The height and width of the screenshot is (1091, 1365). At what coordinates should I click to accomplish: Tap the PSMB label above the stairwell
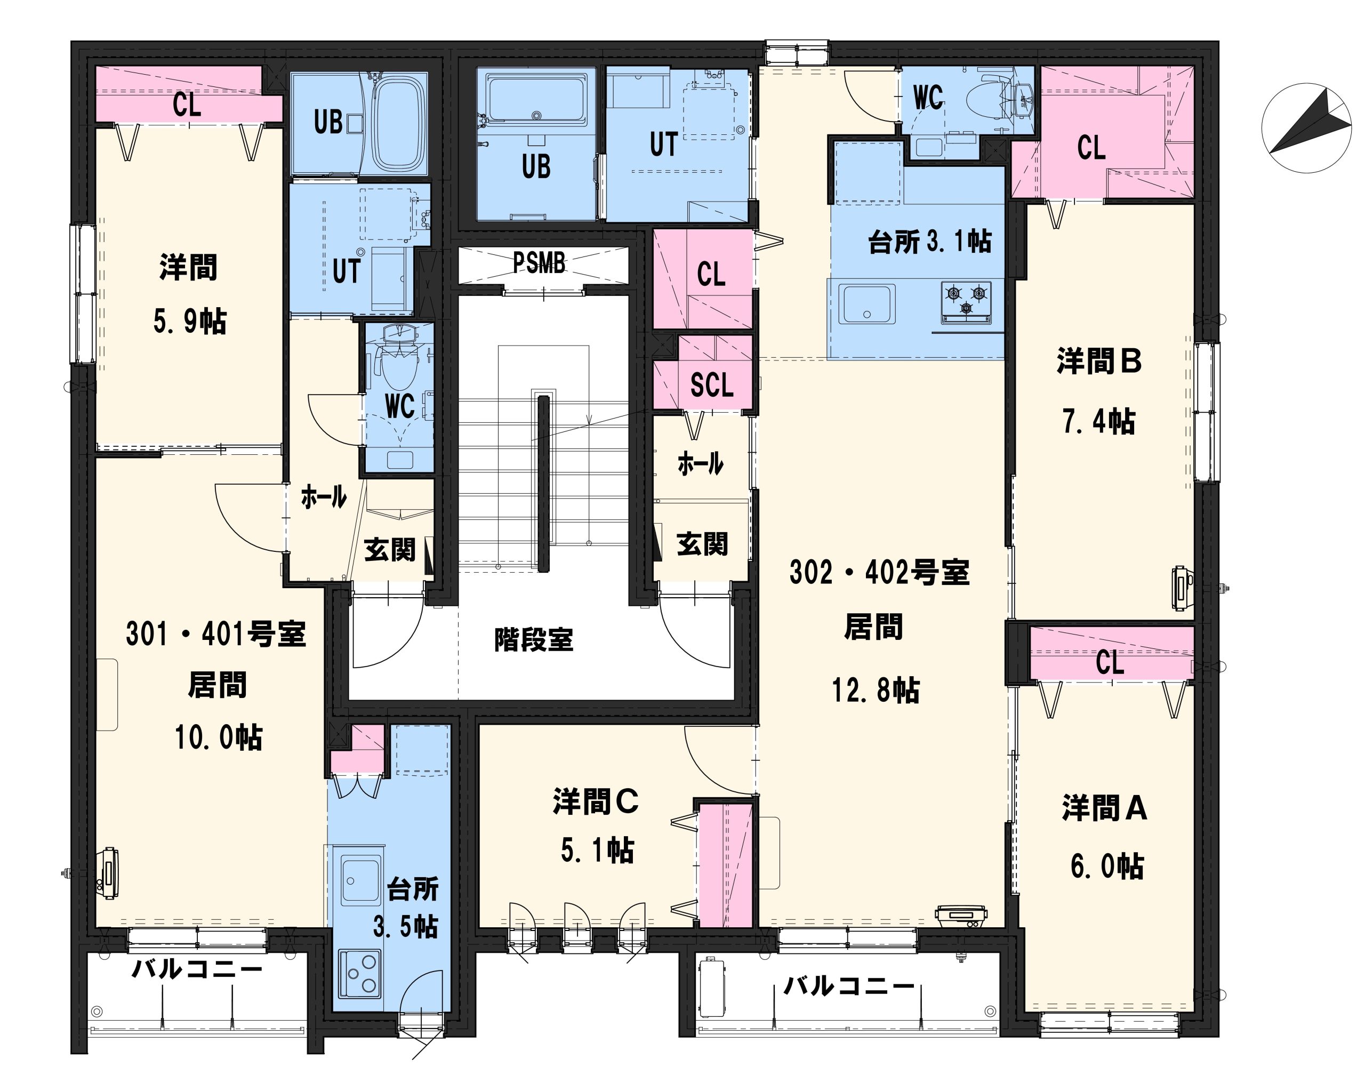click(x=539, y=263)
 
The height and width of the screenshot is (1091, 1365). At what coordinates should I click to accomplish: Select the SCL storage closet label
click(x=712, y=385)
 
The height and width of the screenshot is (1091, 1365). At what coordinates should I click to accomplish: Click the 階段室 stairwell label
click(x=534, y=640)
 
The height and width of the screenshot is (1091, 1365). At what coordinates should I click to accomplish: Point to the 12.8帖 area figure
click(x=876, y=689)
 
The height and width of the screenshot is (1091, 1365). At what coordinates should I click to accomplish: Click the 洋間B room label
click(x=1099, y=362)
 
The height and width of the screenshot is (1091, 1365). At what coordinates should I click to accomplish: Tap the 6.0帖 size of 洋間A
click(x=1107, y=865)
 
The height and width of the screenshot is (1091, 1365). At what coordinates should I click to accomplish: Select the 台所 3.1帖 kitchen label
click(x=929, y=241)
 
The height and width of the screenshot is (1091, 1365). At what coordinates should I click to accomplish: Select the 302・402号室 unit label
click(x=879, y=572)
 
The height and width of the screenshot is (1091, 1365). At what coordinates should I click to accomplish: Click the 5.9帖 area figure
click(x=190, y=321)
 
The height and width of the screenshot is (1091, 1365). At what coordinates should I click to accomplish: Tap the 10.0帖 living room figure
click(x=219, y=737)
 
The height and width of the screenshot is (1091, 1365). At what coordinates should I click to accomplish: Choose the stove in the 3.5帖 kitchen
click(x=359, y=973)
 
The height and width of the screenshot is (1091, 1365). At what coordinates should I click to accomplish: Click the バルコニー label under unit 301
click(x=197, y=969)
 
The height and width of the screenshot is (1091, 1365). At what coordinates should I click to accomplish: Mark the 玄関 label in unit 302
click(x=702, y=544)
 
